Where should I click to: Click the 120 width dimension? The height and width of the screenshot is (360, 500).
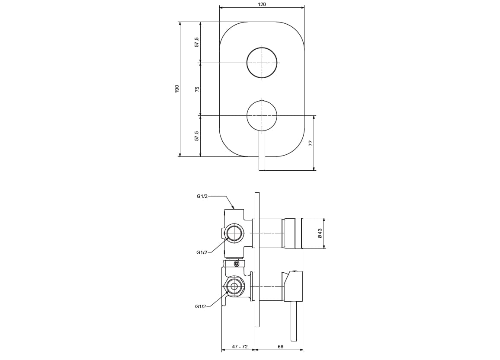coord(262,4)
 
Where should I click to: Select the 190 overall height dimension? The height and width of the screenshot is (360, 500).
coord(177,89)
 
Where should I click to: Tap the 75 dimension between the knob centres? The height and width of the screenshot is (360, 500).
coord(197,89)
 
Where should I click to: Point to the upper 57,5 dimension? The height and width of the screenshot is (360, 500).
coord(197,42)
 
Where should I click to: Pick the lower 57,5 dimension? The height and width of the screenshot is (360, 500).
coord(197,136)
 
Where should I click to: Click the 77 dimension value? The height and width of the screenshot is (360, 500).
coord(311,143)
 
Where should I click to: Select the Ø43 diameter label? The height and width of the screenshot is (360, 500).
coord(320,233)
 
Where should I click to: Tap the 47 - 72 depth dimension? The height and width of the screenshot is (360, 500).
coord(240,347)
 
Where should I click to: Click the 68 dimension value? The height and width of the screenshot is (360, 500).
coord(280,347)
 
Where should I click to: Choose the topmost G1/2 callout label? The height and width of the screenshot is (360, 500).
coord(202,196)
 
